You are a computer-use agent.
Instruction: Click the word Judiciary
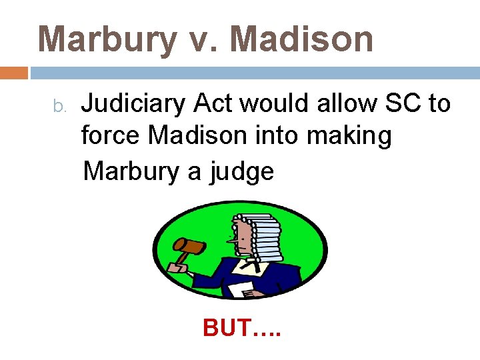134,105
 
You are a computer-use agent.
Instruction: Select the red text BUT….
242,327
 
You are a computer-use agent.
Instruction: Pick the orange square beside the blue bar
14,72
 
